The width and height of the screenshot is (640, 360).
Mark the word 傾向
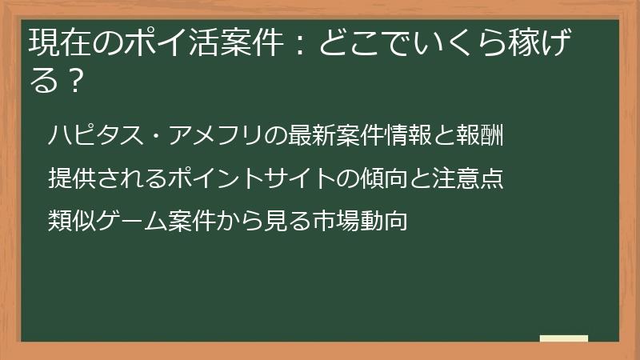coord(367,178)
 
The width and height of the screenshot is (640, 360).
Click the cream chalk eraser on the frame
coord(564,339)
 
